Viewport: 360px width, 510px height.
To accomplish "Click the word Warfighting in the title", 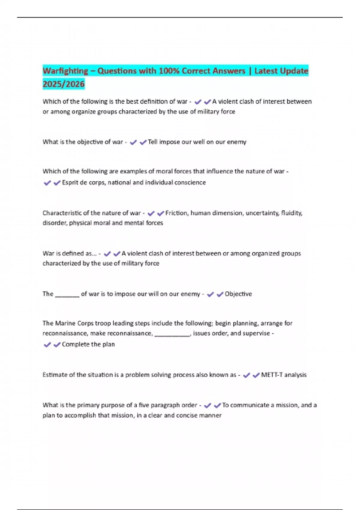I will click(x=65, y=71).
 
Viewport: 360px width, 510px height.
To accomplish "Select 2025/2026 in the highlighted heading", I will click(x=64, y=84).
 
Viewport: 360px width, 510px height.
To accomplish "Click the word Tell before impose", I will click(x=152, y=142).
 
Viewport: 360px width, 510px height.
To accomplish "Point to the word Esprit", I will click(x=70, y=182).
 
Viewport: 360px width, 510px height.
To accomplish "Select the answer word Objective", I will click(x=238, y=294).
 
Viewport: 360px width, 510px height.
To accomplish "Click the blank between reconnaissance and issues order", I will click(x=172, y=334).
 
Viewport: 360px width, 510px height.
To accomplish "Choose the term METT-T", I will click(x=272, y=375).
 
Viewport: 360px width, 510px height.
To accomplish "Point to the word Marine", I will click(x=65, y=323).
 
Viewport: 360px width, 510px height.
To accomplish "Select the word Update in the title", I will click(x=296, y=71).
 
